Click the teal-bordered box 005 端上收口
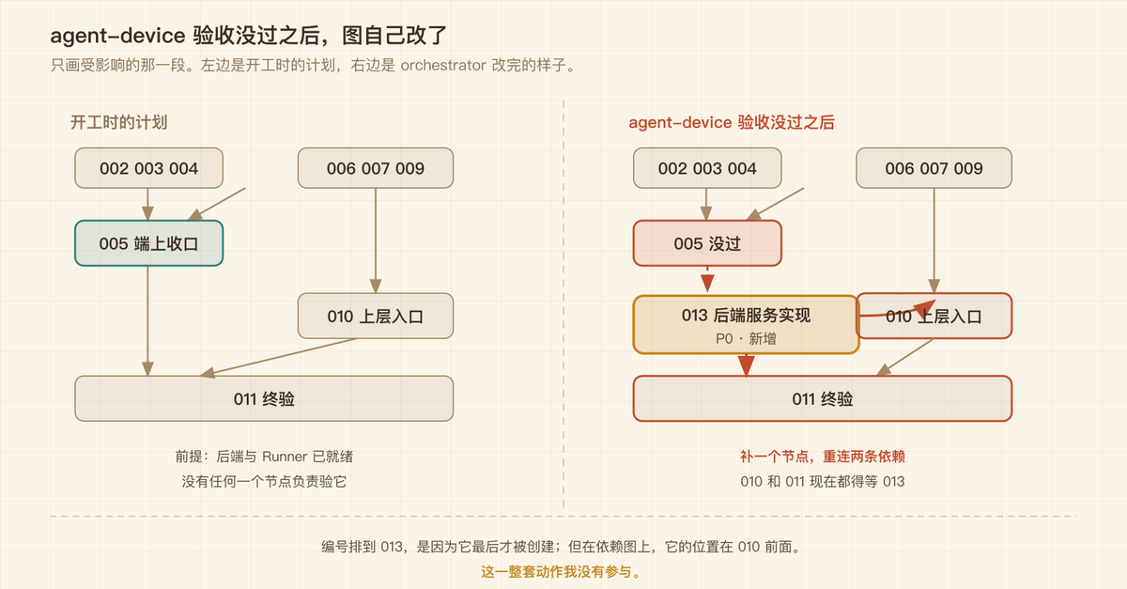coord(149,243)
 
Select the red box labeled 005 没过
coord(707,243)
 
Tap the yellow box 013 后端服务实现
coord(746,325)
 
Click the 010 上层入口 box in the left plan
coord(376,317)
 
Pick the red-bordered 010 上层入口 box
coord(934,317)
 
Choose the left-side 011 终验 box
coord(264,398)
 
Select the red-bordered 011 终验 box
coord(823,398)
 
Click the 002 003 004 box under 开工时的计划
coord(149,168)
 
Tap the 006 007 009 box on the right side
coord(934,168)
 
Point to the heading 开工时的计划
coord(118,122)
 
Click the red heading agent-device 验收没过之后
coord(732,122)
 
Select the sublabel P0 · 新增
coord(746,339)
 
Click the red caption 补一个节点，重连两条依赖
coord(823,457)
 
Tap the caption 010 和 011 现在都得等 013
coord(823,482)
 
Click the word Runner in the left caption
coord(285,457)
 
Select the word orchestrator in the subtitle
coord(443,66)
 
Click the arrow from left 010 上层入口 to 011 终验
coord(278,357)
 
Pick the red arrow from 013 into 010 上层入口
coord(897,311)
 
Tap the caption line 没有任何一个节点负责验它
coord(264,482)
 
